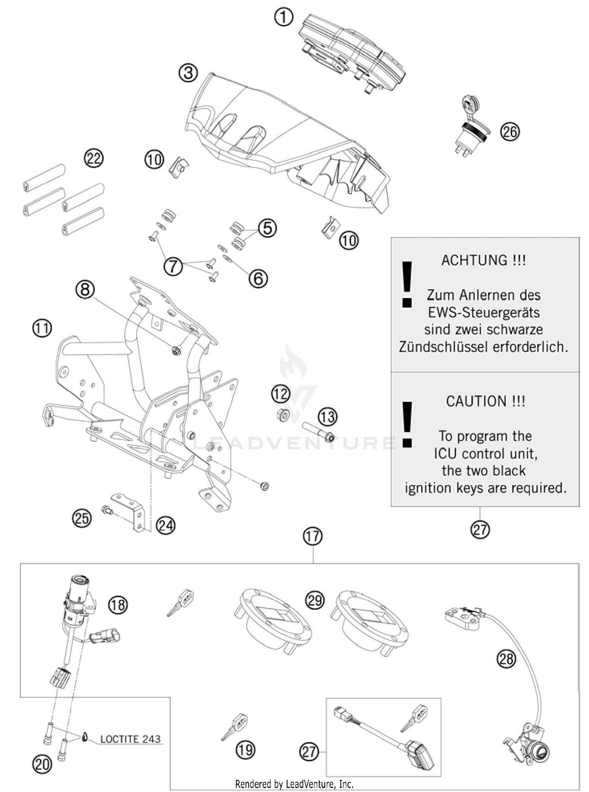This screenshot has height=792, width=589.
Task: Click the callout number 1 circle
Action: point(284,18)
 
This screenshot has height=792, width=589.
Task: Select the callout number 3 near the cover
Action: point(188,73)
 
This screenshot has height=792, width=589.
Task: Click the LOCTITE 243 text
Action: point(130,739)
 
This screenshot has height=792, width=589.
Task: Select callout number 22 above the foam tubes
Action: point(93,158)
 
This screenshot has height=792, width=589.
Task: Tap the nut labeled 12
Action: point(282,414)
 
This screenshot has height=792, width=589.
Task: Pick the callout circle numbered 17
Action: point(313,536)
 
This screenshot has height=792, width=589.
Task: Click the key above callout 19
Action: point(235,727)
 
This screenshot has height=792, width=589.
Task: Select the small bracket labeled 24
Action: point(130,512)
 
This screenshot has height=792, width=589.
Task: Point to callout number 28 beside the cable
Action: point(506,658)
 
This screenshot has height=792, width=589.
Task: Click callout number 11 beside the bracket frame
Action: point(42,327)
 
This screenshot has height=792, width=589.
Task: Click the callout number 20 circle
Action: point(42,764)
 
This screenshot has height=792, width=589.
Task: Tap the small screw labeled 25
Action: point(107,510)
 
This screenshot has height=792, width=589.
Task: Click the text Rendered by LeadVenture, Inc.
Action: point(294,784)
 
